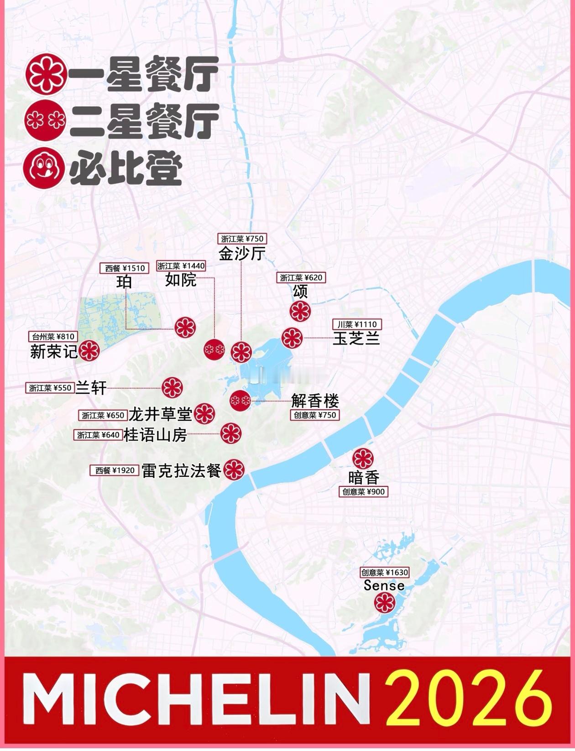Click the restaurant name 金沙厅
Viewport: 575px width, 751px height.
point(242,253)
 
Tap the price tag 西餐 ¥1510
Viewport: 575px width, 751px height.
point(125,268)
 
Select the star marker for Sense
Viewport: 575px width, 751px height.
point(384,603)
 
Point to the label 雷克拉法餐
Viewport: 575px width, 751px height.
point(182,470)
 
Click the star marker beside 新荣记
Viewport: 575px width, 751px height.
point(89,351)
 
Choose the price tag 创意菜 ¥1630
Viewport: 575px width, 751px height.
point(385,572)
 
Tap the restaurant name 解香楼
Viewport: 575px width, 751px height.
point(315,401)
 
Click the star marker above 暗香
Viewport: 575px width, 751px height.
point(363,458)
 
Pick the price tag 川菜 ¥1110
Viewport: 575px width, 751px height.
point(357,324)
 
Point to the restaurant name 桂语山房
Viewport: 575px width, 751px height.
point(156,435)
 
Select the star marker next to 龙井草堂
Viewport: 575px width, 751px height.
point(204,414)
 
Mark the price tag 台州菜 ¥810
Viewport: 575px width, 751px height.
point(53,337)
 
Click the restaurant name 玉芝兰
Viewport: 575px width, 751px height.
point(356,339)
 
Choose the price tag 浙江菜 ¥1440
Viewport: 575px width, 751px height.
point(181,266)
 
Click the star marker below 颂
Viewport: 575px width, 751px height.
point(300,312)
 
